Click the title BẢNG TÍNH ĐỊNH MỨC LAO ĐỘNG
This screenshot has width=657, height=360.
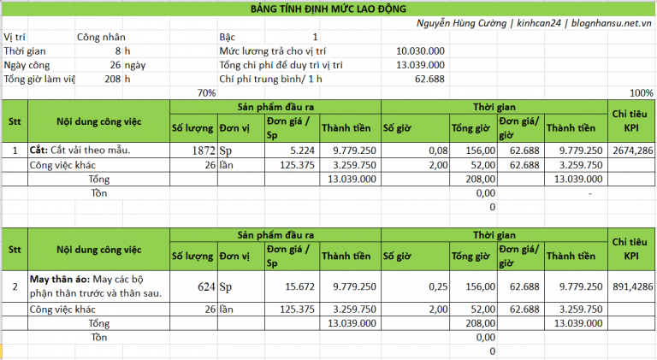tap(328, 8)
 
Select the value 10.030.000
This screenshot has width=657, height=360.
tap(419, 51)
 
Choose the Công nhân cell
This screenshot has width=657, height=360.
tap(101, 38)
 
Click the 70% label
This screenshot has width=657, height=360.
tap(206, 92)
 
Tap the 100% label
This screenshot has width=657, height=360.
tap(641, 92)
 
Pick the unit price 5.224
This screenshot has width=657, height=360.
tap(293, 150)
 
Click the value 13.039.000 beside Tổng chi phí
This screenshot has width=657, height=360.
tap(419, 65)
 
